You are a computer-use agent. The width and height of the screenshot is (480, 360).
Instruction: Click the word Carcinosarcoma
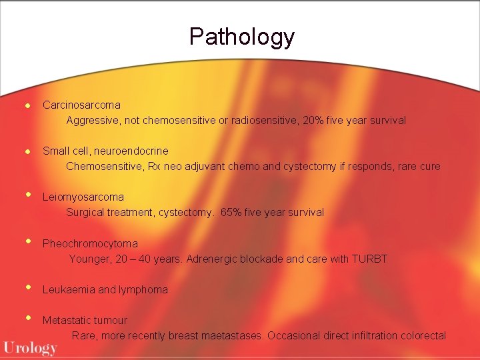(81, 105)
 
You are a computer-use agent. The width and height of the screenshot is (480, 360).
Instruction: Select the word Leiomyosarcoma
(83, 197)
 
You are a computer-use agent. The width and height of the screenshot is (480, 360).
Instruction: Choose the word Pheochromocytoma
(90, 243)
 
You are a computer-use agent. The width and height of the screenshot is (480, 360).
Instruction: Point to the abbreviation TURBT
(369, 259)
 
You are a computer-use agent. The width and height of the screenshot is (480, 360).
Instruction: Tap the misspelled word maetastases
(230, 335)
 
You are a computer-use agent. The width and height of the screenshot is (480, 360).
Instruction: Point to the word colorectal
(423, 335)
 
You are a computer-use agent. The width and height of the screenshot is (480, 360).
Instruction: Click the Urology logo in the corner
(30, 348)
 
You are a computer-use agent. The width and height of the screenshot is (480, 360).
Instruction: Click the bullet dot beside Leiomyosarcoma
(28, 195)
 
